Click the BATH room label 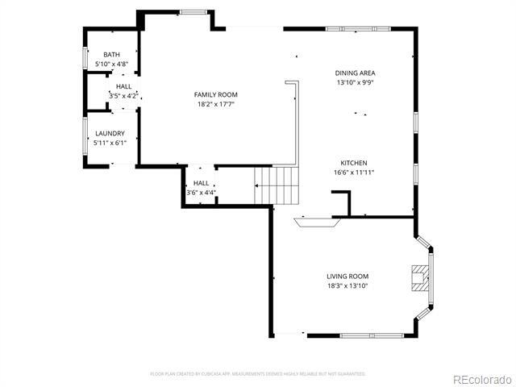111,54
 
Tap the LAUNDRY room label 110,133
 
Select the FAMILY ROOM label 215,94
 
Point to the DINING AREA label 355,73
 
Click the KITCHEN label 353,163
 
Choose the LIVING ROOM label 347,276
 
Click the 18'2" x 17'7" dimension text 215,104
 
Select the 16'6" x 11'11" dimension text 353,173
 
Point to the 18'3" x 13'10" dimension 347,285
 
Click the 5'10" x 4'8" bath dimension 111,64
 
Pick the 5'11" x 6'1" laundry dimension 110,143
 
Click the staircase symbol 276,185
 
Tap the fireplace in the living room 418,277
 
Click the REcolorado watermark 481,379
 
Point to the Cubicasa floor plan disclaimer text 258,373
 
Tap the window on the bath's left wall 85,59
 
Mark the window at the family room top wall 191,11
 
